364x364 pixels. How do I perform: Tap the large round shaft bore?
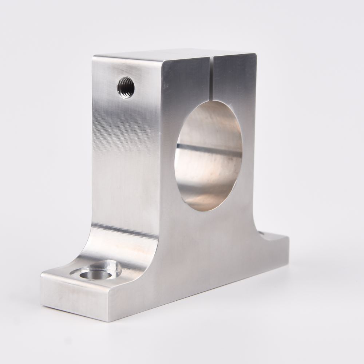[208, 157]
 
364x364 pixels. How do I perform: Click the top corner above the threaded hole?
[94, 56]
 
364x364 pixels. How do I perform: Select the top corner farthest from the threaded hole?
[256, 54]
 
